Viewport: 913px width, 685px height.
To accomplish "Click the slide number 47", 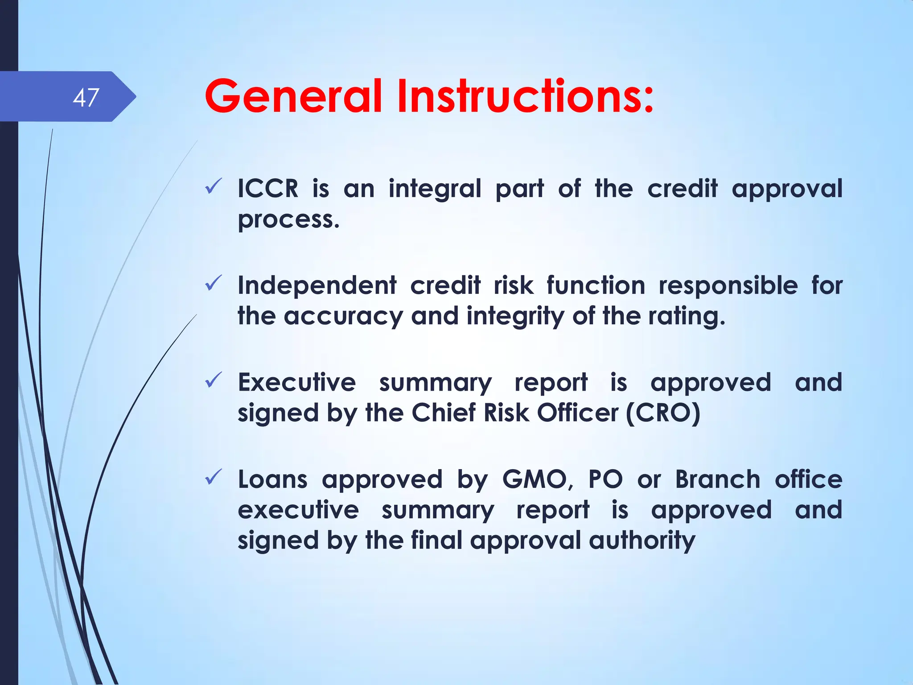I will click(x=86, y=97).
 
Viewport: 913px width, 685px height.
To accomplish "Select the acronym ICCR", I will click(x=267, y=189).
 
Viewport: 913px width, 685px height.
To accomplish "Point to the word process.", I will click(x=288, y=220).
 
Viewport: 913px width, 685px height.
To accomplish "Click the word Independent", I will click(x=317, y=285).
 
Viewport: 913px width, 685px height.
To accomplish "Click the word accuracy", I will click(x=343, y=316).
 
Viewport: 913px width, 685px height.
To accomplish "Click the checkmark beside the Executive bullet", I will click(x=214, y=380).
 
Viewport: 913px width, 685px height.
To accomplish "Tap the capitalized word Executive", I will click(x=296, y=383).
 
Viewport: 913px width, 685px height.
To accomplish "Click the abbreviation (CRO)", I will click(x=663, y=413).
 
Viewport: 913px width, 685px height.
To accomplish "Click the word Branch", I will click(x=718, y=480).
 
